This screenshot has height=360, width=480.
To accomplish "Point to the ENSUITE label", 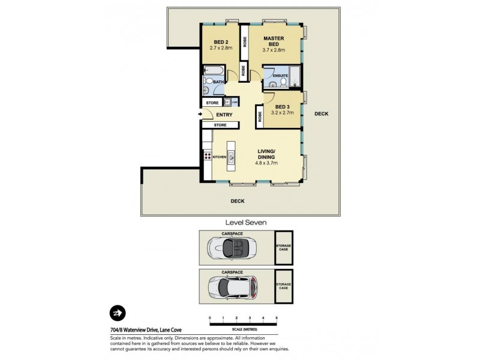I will [280, 76].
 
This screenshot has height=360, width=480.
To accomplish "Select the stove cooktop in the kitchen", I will [208, 156].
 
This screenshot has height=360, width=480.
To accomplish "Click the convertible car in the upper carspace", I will [231, 248].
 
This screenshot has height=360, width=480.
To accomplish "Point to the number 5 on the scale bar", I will [277, 317].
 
